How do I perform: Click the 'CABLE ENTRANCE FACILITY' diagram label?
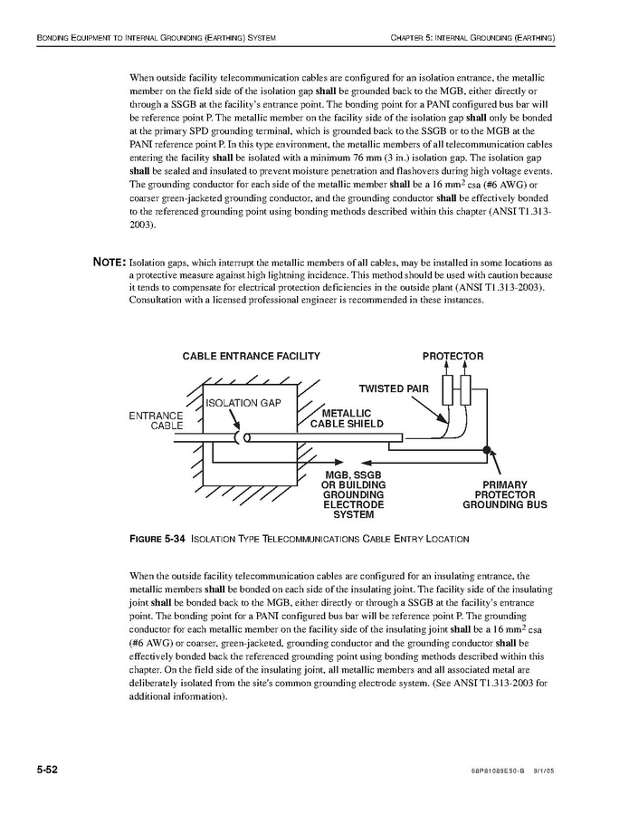252,357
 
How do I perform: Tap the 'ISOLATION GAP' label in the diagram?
244,403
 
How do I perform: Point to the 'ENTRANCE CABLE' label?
157,420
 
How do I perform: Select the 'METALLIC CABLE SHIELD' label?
347,419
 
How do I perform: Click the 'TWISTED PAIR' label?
394,388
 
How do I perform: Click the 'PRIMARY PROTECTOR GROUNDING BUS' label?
504,494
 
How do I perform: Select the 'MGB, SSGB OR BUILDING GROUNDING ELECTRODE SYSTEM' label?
353,494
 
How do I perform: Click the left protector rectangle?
447,392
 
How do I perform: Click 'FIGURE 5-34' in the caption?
158,540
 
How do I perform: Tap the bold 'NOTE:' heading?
109,263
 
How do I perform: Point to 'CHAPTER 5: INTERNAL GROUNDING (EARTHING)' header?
472,38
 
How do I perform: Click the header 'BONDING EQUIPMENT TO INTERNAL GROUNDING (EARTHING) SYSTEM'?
155,38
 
